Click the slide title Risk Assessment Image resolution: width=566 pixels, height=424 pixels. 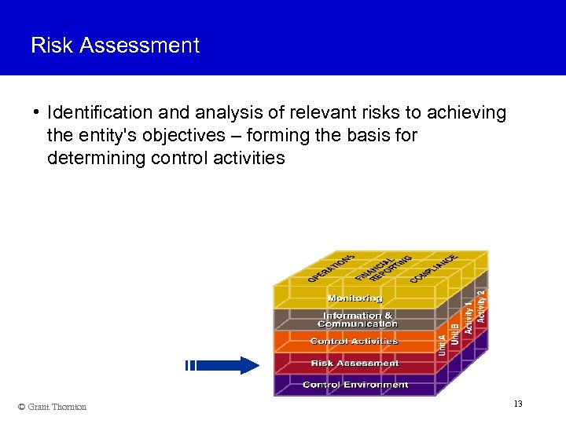[115, 46]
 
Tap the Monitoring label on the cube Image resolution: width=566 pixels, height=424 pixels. [355, 298]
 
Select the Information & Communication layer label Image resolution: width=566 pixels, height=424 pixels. [357, 320]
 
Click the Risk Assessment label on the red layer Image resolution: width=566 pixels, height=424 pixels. [355, 364]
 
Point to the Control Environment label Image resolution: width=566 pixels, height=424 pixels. [355, 385]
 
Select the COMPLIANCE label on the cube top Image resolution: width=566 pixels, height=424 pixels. [434, 268]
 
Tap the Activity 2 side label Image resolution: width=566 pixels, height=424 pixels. [481, 303]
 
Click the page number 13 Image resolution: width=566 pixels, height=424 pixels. [518, 404]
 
